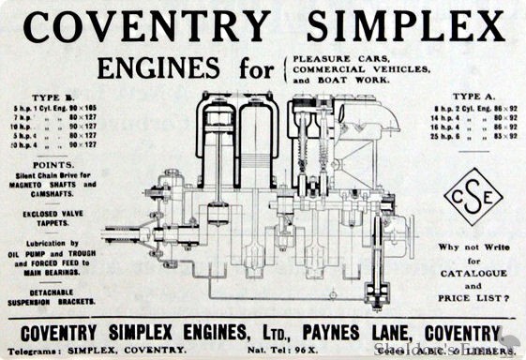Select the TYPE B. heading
pos(47,96)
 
